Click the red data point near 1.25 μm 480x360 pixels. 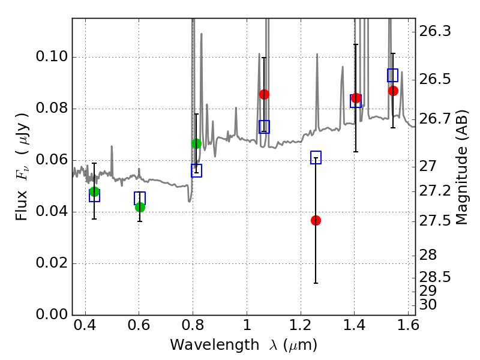pos(316,220)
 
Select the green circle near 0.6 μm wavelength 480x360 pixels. pos(140,207)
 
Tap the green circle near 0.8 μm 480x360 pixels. pos(196,143)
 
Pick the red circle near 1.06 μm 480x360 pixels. pos(264,94)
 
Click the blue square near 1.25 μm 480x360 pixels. pos(316,157)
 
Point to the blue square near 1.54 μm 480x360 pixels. pos(393,75)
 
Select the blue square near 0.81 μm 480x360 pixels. pos(197,170)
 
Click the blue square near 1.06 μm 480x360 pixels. pos(264,127)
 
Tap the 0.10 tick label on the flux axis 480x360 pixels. pos(52,56)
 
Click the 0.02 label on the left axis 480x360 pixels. pos(52,263)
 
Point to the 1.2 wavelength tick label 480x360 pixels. pos(301,325)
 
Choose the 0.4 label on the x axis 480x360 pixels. pos(85,325)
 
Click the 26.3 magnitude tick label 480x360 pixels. pos(435,31)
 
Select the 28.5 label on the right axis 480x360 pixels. pos(435,277)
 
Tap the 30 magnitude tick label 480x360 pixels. pos(428,305)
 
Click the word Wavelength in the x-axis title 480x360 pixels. pos(215,344)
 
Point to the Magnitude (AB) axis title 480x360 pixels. pos(461,167)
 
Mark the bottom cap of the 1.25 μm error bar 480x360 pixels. pos(316,283)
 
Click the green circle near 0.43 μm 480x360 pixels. pos(95,192)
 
